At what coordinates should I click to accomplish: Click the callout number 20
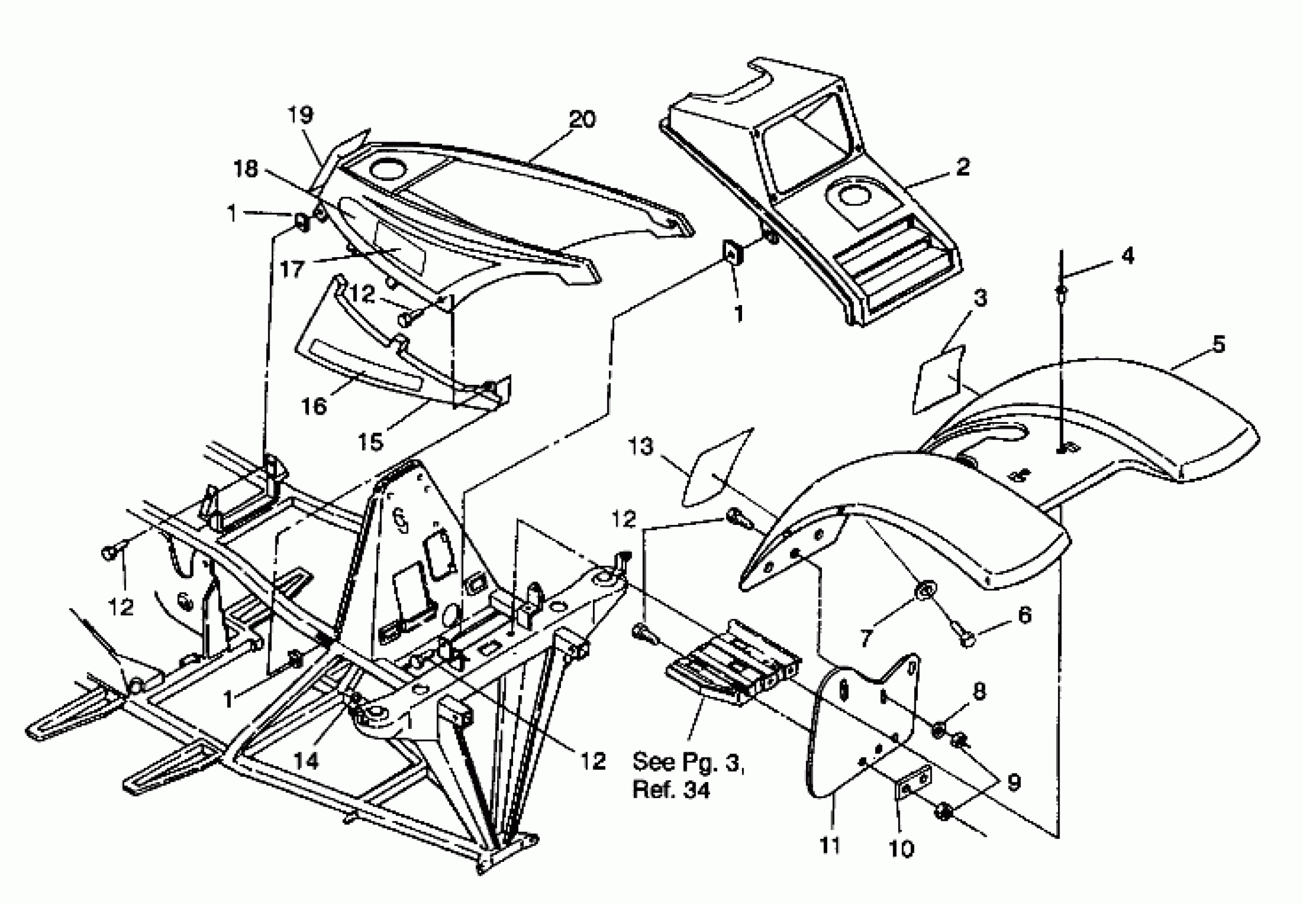(x=582, y=120)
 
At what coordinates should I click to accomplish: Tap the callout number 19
(x=300, y=115)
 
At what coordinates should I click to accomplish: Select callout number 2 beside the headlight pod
(x=963, y=167)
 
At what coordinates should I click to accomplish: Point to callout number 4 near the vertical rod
(x=1128, y=256)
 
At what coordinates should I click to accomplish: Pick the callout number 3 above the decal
(x=980, y=298)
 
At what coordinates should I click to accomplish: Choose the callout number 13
(x=640, y=446)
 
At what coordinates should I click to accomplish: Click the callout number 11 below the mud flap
(x=829, y=845)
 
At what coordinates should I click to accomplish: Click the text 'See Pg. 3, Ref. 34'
(x=688, y=775)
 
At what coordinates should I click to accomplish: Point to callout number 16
(x=314, y=406)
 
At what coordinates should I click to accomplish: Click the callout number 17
(x=292, y=269)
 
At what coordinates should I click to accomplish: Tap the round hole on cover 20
(x=387, y=169)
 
